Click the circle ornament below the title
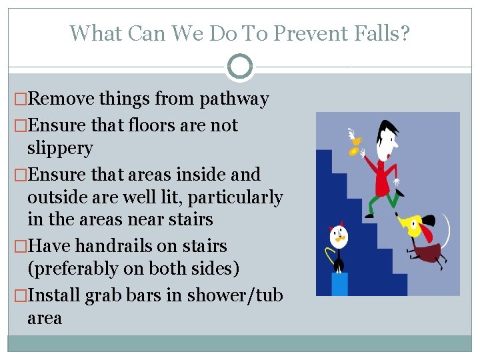[x=239, y=67]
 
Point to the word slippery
[x=60, y=148]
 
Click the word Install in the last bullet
[x=55, y=295]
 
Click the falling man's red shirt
[x=383, y=175]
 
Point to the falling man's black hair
[x=387, y=130]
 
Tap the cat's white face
[x=340, y=234]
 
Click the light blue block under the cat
[x=339, y=283]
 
